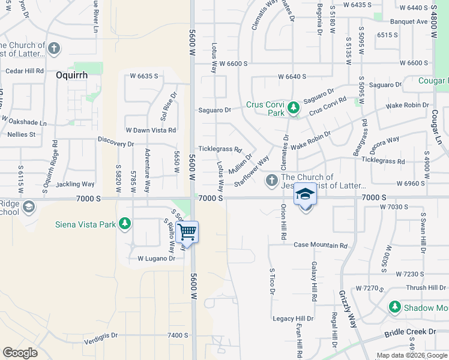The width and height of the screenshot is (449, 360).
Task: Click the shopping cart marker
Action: (187, 230)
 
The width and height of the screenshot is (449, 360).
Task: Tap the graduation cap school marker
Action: (306, 195)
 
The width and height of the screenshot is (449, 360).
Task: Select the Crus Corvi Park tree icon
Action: (294, 108)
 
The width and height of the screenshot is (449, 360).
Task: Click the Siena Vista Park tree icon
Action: (125, 224)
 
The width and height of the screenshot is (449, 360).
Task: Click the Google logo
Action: (20, 352)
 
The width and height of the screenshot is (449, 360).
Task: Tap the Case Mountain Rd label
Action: (321, 245)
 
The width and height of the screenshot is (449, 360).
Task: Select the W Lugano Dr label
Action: (156, 259)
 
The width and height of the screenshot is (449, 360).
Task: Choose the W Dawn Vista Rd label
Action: (151, 130)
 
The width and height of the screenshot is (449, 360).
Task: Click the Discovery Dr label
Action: (116, 144)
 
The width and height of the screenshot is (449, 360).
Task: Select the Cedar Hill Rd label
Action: (25, 71)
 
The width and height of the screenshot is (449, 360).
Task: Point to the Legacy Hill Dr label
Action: (293, 319)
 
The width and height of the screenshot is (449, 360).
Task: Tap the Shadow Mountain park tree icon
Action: (394, 307)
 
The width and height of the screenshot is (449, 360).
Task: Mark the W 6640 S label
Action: (292, 77)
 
